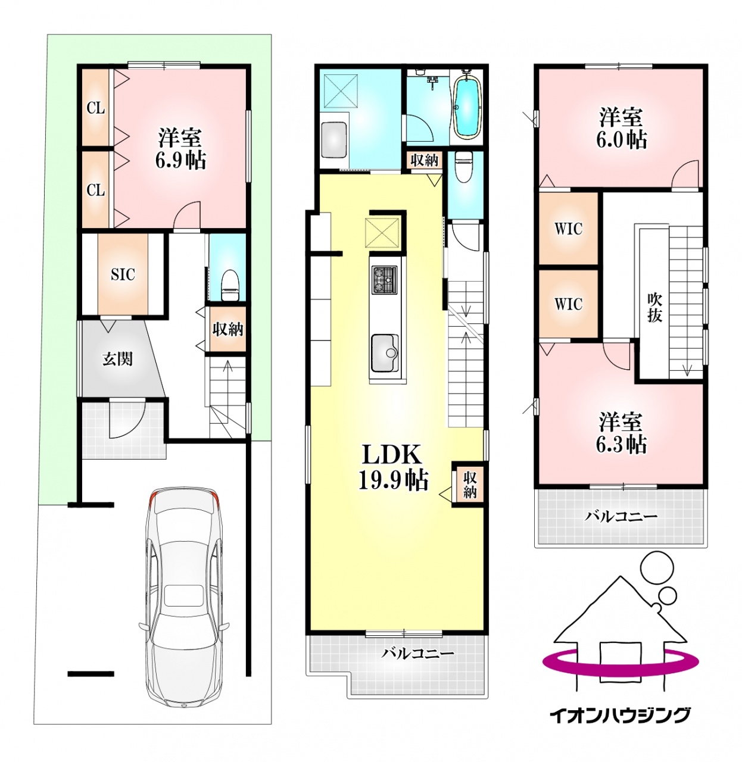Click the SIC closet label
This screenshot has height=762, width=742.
(123, 275)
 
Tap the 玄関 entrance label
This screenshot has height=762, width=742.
(117, 359)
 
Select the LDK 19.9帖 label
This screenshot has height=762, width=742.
(393, 467)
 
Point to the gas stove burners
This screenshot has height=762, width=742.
(384, 280)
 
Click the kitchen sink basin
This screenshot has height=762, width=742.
(384, 352)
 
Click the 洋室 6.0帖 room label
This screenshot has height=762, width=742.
(621, 129)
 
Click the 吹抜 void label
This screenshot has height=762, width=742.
(654, 307)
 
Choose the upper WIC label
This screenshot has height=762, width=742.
(569, 229)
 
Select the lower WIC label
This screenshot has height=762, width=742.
(569, 304)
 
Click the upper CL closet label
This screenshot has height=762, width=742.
(96, 108)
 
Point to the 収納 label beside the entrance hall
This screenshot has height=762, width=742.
(227, 330)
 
